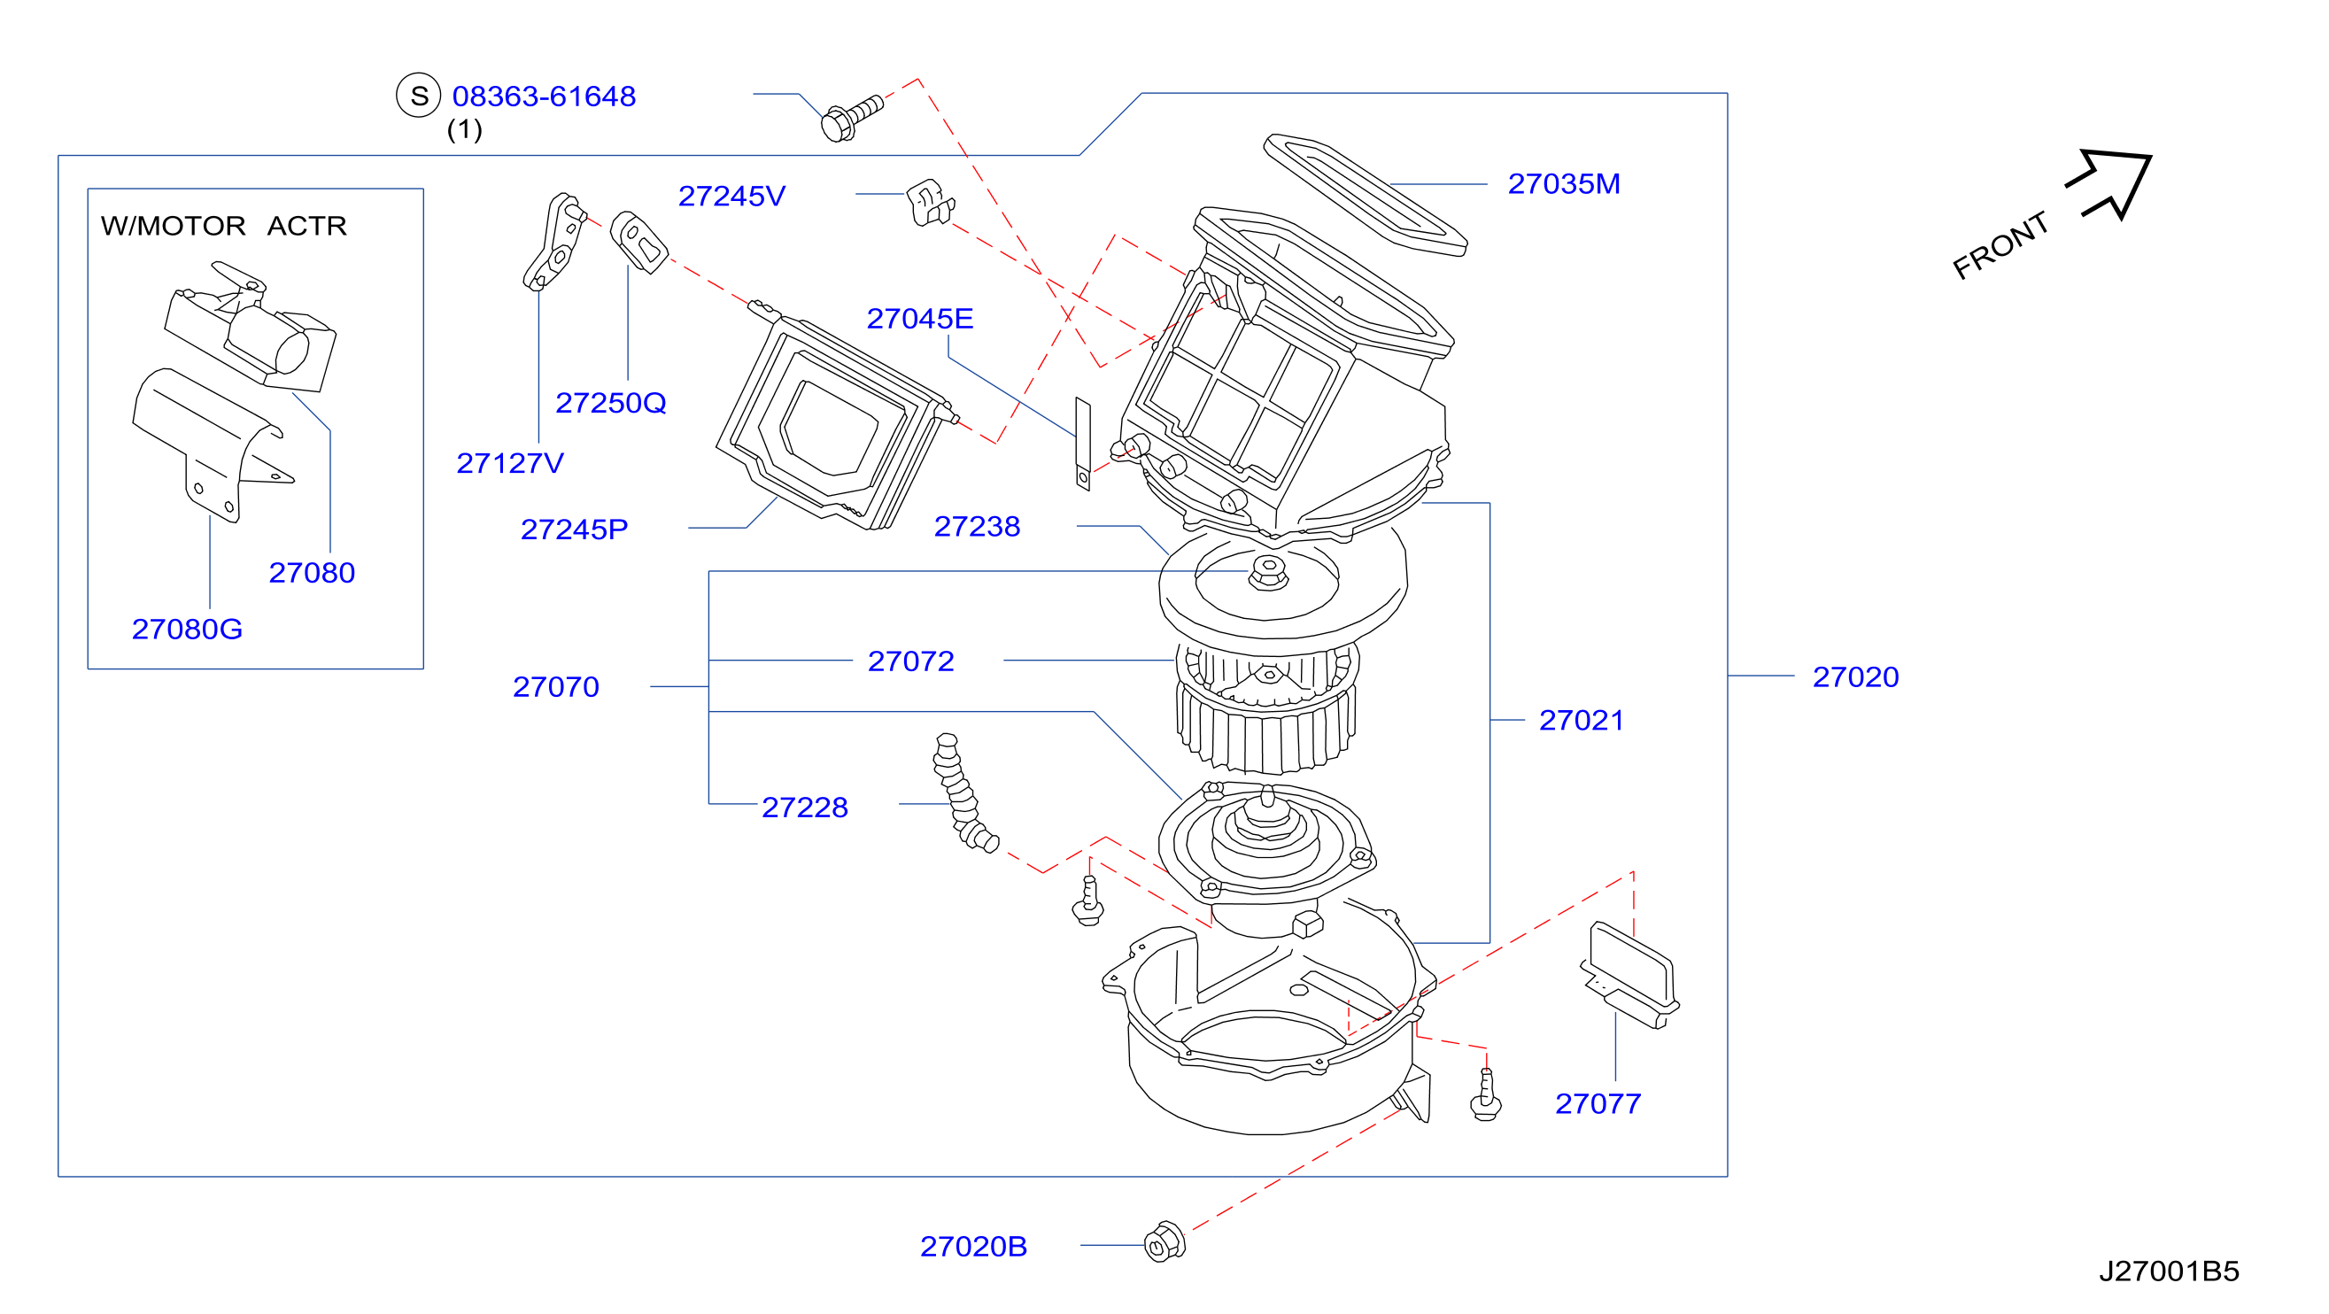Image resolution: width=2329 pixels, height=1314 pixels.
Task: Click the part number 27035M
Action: (1563, 184)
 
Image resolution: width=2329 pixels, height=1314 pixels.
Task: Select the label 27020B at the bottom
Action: (974, 1247)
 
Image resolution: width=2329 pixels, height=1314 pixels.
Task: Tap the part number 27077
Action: (1598, 1104)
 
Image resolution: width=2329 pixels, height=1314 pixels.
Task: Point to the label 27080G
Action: (187, 630)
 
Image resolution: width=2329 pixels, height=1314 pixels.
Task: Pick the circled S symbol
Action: (419, 96)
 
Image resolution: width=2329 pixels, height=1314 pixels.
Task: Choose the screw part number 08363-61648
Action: (545, 97)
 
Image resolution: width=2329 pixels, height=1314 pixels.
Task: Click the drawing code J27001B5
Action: (2168, 1272)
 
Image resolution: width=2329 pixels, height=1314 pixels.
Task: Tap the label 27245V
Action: (732, 196)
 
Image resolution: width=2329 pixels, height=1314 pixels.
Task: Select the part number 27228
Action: (805, 808)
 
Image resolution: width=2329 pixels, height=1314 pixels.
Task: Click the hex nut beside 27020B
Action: (1164, 1242)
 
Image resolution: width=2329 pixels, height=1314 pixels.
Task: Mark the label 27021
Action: (1582, 721)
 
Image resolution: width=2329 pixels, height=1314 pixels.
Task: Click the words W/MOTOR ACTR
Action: (223, 226)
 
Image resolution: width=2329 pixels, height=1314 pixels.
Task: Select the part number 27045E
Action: (919, 319)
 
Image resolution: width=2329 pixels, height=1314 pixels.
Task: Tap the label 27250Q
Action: (610, 403)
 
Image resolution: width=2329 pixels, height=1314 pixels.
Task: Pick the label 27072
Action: (910, 661)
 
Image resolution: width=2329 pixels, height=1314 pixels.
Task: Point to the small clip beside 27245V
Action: (930, 204)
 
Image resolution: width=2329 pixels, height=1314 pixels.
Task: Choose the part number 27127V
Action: (510, 464)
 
